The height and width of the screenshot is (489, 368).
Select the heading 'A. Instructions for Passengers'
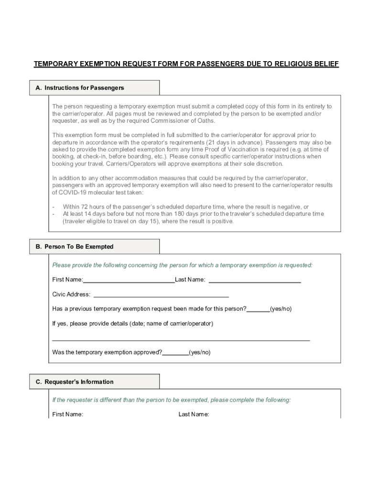click(80, 88)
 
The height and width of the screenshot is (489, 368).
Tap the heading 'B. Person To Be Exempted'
click(75, 247)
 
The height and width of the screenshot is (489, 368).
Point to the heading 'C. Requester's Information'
click(75, 382)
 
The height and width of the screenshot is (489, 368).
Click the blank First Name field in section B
click(129, 280)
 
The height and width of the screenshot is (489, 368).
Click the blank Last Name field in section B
click(255, 280)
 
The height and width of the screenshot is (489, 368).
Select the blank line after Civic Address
click(161, 295)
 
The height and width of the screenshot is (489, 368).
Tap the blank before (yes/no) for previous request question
click(258, 309)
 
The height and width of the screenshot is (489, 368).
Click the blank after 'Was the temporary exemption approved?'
click(175, 353)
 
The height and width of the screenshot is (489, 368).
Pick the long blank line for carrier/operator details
click(181, 339)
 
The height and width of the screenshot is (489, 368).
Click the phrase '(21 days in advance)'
click(234, 142)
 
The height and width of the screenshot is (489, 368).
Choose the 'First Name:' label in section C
click(67, 415)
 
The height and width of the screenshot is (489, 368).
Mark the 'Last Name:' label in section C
click(194, 415)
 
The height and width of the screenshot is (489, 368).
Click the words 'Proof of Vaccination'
click(216, 149)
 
